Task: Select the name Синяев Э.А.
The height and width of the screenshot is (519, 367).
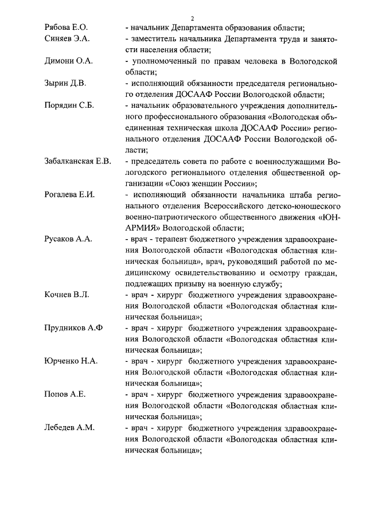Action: click(67, 38)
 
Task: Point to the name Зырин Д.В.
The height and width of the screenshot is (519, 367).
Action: click(65, 84)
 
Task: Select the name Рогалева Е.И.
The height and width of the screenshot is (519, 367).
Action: click(69, 194)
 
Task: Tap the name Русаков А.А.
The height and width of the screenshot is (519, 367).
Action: click(68, 239)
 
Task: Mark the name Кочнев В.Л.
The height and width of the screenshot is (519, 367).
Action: click(67, 295)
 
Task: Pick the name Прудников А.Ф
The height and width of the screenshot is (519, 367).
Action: click(73, 328)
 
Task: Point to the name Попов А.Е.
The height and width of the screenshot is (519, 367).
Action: click(65, 395)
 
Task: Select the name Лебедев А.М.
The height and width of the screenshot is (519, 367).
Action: click(69, 428)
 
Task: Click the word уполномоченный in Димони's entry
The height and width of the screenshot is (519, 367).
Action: click(165, 61)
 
